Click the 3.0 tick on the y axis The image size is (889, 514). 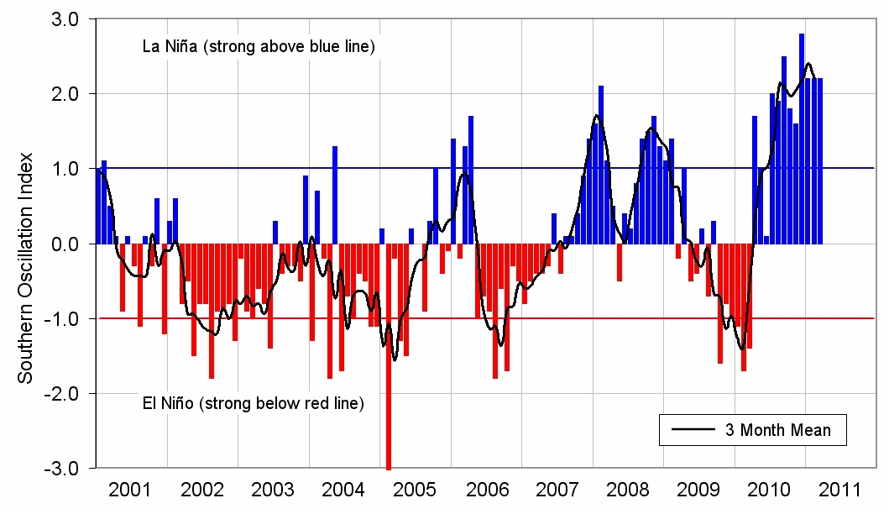pyautogui.click(x=65, y=18)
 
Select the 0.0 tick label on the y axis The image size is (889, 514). pyautogui.click(x=65, y=244)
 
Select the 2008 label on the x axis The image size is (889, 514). pyautogui.click(x=627, y=490)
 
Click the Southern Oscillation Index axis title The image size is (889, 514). pyautogui.click(x=26, y=267)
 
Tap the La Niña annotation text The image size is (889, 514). pyautogui.click(x=258, y=47)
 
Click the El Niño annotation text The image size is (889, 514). pyautogui.click(x=250, y=404)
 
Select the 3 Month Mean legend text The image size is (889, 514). pyautogui.click(x=777, y=431)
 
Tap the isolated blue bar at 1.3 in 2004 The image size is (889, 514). pyautogui.click(x=335, y=195)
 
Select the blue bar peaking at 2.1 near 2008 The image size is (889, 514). pyautogui.click(x=601, y=165)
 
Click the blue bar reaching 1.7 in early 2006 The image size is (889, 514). pyautogui.click(x=471, y=180)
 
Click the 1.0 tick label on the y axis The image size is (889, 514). pyautogui.click(x=65, y=169)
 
